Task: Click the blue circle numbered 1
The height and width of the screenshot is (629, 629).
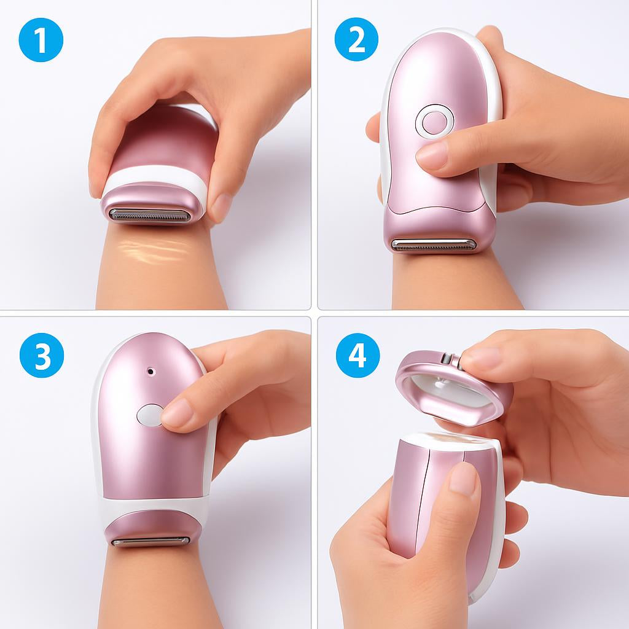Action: point(41,40)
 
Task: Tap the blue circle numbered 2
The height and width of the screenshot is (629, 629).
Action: point(356,39)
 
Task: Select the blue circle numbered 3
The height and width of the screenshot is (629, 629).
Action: point(42,355)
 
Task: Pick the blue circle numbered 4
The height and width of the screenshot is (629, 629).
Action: point(357,355)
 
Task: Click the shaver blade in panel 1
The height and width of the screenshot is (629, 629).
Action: point(149,216)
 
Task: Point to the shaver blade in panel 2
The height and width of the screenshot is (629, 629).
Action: point(433,244)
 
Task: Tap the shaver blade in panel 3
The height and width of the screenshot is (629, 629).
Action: point(150,542)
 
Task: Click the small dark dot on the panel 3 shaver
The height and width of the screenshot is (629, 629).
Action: point(150,371)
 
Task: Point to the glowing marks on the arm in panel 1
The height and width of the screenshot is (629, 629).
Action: point(152,251)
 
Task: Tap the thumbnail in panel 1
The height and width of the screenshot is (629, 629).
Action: point(221,206)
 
